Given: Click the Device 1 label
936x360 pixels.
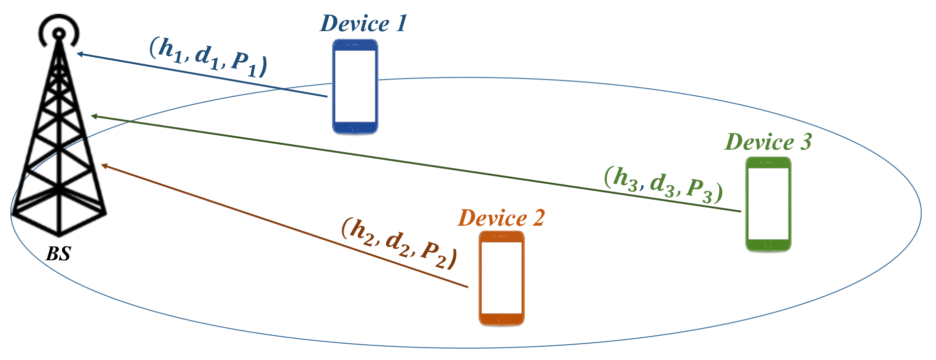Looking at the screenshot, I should click(x=363, y=23).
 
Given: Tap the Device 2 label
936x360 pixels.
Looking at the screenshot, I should click(x=501, y=218).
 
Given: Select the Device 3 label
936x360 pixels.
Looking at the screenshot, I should click(x=768, y=142).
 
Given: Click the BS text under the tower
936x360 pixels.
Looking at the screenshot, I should click(x=58, y=254).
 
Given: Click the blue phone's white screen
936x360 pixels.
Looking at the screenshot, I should click(x=355, y=86).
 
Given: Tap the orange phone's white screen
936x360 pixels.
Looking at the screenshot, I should click(x=502, y=278).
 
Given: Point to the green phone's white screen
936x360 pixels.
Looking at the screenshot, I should click(x=768, y=203).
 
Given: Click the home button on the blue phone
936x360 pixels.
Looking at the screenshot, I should click(x=355, y=128).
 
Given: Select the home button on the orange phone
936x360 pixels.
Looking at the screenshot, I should click(x=502, y=320).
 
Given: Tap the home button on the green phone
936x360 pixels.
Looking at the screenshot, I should click(x=768, y=245).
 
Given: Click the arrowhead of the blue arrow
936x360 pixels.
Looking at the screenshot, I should click(x=79, y=53).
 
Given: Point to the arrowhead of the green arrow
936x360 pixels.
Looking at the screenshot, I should click(x=93, y=117).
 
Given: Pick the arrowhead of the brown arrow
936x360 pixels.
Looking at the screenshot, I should click(x=103, y=165).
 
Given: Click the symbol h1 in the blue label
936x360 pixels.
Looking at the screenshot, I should click(x=168, y=51).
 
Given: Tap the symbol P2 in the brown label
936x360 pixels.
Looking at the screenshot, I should click(x=434, y=254).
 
